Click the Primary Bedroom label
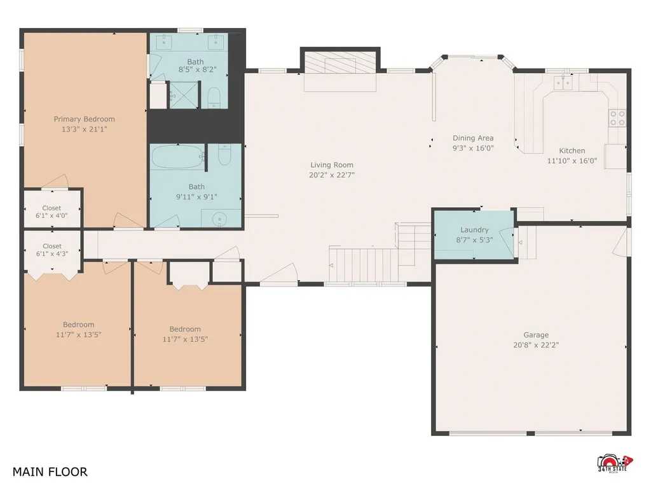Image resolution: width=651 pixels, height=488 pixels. pos(85,119)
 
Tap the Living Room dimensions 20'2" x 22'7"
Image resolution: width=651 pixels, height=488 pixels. pos(332,175)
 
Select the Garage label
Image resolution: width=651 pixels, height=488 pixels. pos(536,335)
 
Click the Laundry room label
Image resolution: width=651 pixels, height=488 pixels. pos(474,230)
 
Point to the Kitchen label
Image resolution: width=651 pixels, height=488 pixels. pos(572,151)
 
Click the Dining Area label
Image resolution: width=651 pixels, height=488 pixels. pos(473,138)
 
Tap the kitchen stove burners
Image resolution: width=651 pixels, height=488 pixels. pos(617,118)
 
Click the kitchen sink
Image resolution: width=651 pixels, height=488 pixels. pos(563,83)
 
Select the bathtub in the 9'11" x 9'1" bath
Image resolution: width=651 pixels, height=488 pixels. pos(178,157)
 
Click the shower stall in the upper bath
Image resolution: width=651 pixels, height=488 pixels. pos(184,95)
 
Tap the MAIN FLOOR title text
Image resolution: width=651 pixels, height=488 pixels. pos(50,472)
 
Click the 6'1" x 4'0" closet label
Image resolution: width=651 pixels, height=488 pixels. pos(51,212)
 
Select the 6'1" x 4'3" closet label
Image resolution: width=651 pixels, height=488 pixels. pos(52,250)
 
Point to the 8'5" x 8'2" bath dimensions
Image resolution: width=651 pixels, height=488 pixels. pos(198,70)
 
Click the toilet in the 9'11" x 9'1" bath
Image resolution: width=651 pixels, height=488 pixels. pos(224,154)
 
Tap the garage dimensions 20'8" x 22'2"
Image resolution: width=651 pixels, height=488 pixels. pos(536,345)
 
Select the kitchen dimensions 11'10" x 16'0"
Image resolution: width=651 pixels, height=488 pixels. pos(572,161)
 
